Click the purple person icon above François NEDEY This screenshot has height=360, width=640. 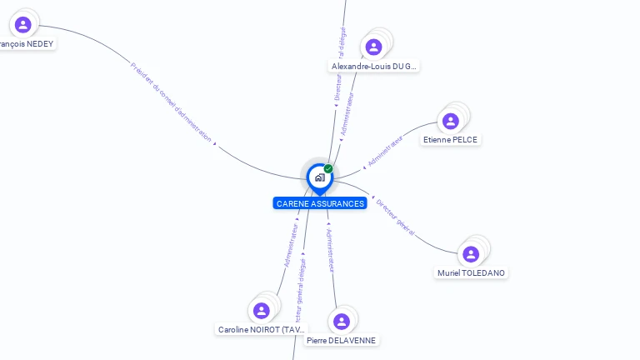tap(22, 24)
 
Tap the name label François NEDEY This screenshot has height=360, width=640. tap(27, 43)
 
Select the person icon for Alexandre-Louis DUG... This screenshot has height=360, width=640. tap(374, 47)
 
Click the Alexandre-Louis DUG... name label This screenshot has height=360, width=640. tap(374, 66)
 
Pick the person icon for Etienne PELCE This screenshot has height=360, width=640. tap(451, 121)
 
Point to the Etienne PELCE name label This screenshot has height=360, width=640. tap(450, 140)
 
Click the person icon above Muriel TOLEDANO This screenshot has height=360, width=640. tap(471, 254)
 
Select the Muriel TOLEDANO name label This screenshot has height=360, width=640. tap(471, 273)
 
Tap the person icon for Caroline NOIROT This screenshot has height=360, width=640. tap(262, 311)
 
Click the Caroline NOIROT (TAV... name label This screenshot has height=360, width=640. tap(262, 330)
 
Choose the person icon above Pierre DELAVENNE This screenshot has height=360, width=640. tap(341, 322)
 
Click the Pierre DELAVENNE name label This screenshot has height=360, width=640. tap(341, 341)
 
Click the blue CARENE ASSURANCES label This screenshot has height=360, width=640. tap(320, 203)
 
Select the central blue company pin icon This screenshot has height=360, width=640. tap(319, 177)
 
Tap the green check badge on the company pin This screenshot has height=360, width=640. tap(328, 169)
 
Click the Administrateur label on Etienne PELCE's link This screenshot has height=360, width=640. tap(385, 150)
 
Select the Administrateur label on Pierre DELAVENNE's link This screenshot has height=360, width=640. tap(330, 249)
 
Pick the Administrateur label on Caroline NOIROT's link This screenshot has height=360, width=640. tap(291, 244)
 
